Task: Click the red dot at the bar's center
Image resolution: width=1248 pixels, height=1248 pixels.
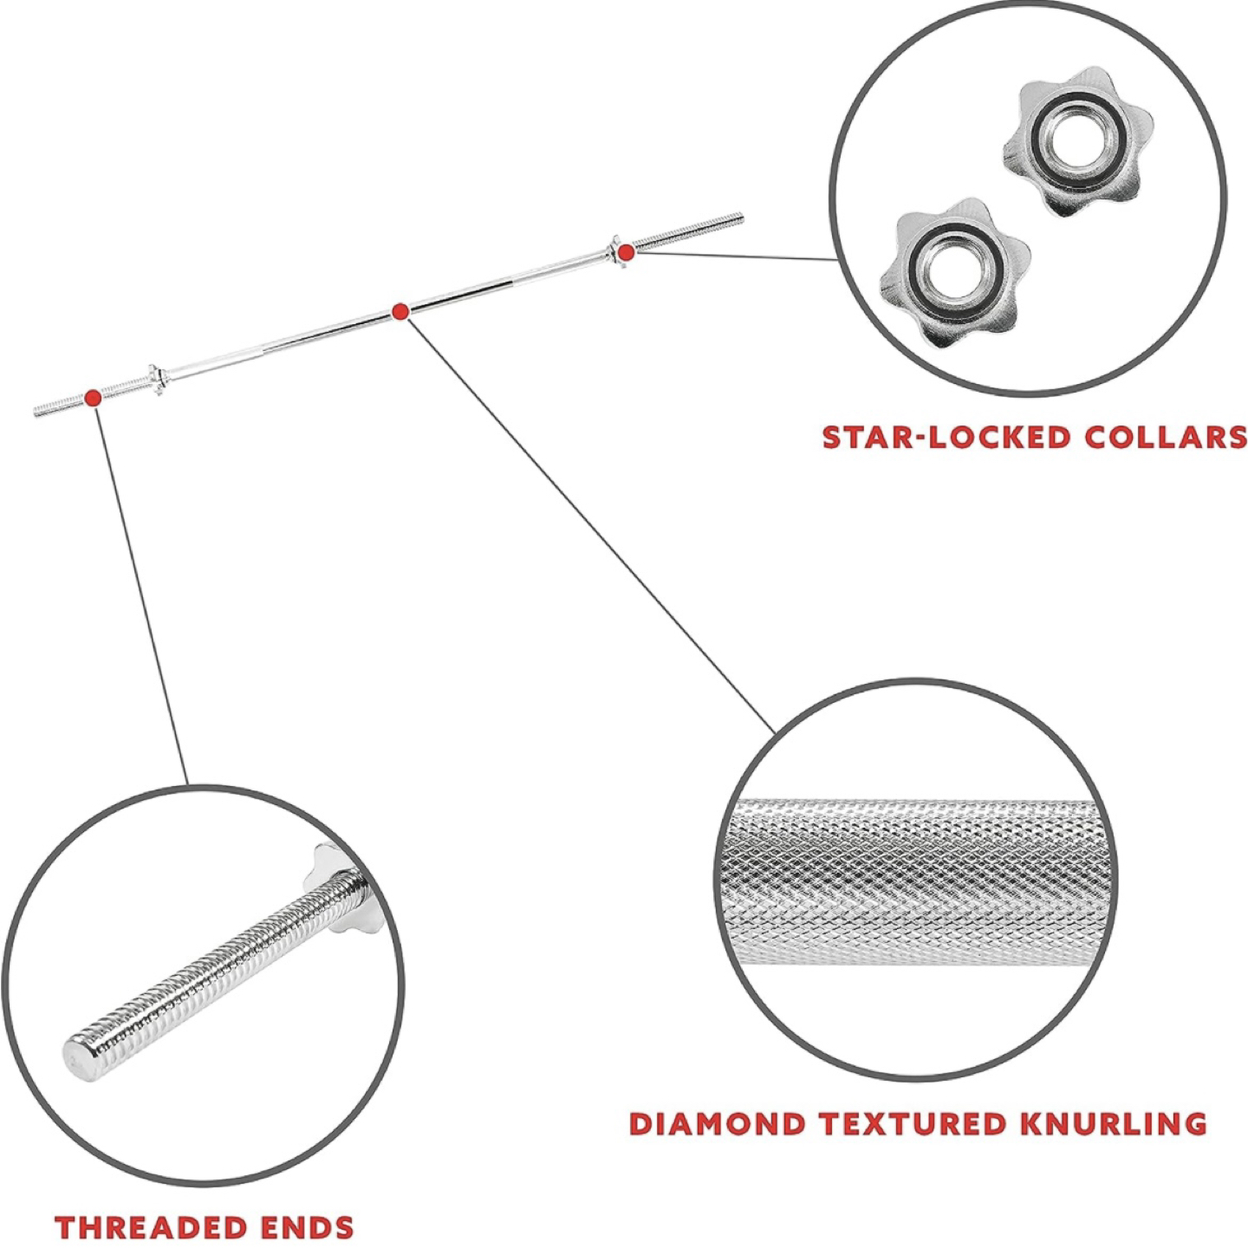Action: coord(400,312)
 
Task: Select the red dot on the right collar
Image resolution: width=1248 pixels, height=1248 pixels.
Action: coord(626,251)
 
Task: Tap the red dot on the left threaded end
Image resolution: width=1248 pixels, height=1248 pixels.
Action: coord(93,397)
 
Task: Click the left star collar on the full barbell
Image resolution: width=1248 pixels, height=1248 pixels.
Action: coord(155,380)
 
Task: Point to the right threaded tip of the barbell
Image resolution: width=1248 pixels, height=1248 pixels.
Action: coord(742,218)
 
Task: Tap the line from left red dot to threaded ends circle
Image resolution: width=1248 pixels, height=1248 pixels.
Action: coord(142,595)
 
